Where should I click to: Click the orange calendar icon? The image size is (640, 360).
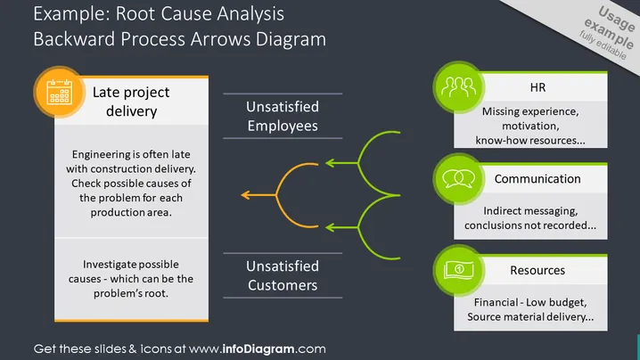(60, 92)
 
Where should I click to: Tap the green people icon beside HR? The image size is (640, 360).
(458, 87)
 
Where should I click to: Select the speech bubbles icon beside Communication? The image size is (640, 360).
(459, 179)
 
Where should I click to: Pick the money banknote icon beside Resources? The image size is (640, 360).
(459, 270)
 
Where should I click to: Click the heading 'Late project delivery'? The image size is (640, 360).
(131, 102)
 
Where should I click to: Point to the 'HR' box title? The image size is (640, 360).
(537, 87)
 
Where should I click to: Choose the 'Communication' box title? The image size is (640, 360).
(537, 179)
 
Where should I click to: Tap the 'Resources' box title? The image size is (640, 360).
(537, 270)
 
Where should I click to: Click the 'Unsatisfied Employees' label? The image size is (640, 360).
(283, 117)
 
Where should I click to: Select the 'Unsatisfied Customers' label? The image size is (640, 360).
(283, 275)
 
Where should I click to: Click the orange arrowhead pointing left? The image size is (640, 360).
(245, 195)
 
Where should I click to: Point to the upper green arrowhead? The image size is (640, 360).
(330, 163)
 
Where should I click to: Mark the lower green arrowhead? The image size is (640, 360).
(330, 227)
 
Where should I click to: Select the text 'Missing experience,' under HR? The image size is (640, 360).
(530, 111)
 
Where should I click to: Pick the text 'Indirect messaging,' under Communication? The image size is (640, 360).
(530, 211)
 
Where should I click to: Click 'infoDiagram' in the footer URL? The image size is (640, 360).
(258, 349)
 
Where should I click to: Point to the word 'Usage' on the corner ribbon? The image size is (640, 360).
(617, 19)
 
